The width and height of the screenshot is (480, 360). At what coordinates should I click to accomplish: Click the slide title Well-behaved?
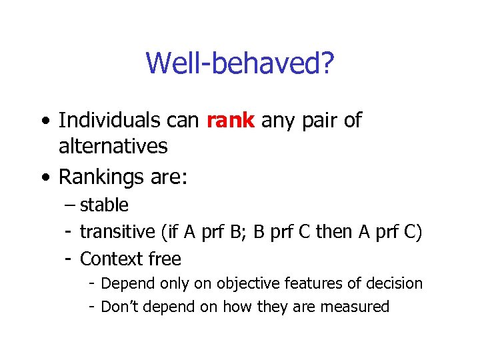(240, 64)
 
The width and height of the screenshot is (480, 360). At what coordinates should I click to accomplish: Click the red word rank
(231, 121)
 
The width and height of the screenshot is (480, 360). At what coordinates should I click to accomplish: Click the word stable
(104, 205)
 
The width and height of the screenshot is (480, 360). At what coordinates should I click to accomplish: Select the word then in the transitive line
(333, 232)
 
